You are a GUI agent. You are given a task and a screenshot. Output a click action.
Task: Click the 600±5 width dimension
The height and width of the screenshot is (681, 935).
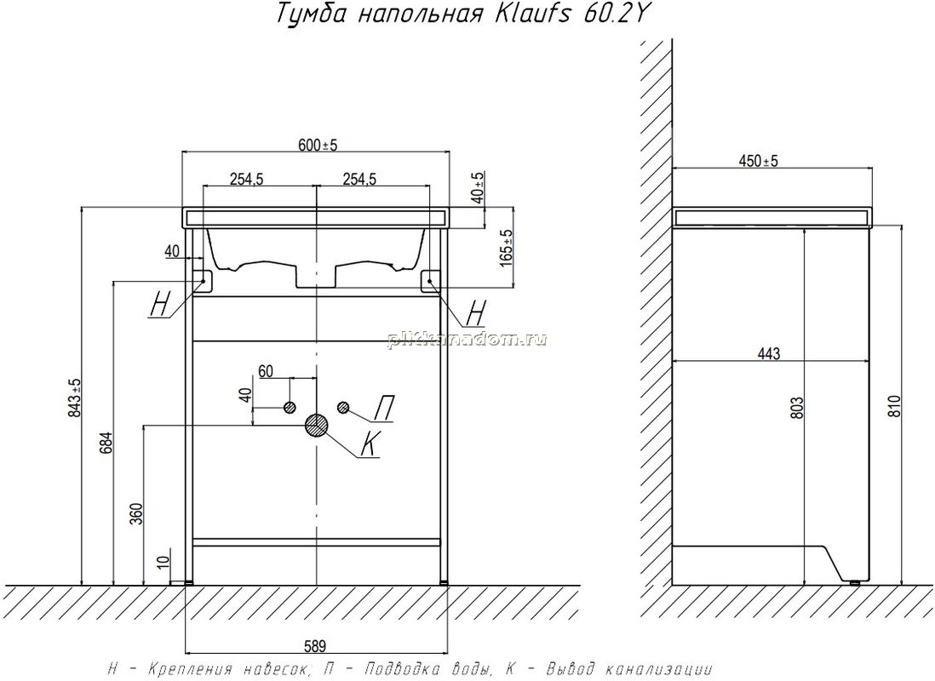click(318, 145)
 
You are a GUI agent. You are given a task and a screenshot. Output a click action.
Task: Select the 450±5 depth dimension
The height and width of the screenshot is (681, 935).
click(759, 161)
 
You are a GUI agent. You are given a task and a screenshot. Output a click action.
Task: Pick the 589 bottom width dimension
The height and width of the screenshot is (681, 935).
click(316, 646)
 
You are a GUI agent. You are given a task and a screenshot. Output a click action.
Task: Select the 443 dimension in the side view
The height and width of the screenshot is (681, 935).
click(769, 354)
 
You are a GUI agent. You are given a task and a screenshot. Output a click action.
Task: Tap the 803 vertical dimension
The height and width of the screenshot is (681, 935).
click(798, 407)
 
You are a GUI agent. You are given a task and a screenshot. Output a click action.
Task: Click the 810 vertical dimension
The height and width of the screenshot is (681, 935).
click(894, 407)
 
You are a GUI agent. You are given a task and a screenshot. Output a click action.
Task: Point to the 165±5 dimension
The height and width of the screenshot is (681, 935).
click(507, 248)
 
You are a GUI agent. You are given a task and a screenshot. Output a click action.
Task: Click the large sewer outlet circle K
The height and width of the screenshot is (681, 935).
click(316, 425)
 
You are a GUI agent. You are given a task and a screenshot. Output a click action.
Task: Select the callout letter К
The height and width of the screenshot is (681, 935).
click(371, 444)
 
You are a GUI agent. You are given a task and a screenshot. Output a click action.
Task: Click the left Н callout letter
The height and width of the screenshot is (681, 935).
click(160, 306)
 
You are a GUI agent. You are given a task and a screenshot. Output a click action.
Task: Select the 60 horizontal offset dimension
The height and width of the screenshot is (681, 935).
click(266, 371)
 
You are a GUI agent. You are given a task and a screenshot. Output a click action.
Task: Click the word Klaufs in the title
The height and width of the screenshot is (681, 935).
click(525, 14)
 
